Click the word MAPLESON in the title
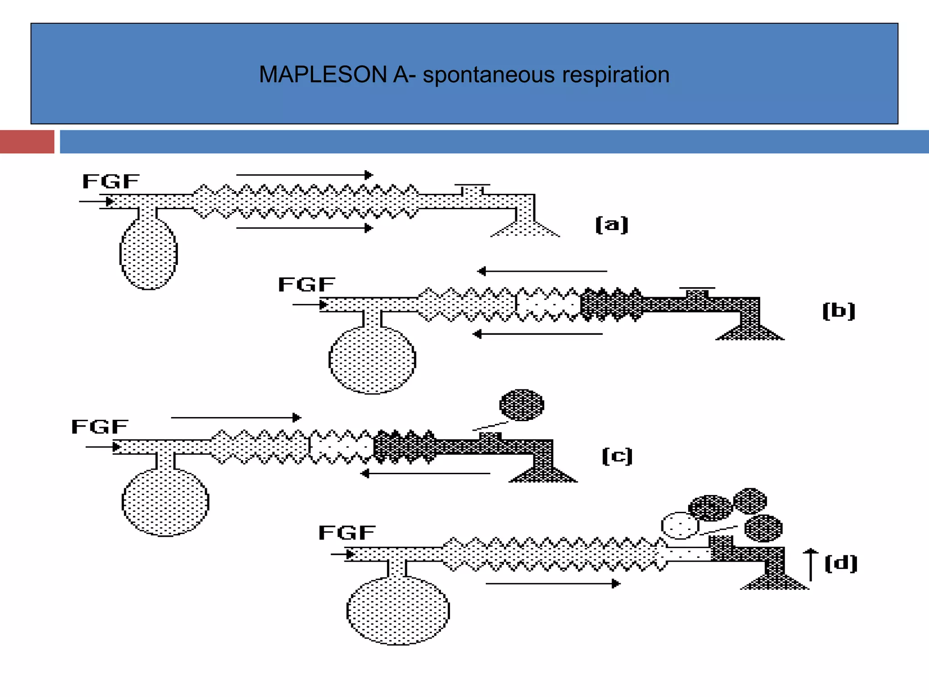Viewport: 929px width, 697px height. [x=322, y=75]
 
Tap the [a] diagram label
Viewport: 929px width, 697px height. [x=611, y=225]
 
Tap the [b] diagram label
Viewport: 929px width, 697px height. [x=838, y=311]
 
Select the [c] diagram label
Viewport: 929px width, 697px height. [x=617, y=456]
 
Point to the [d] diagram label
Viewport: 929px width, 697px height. [x=841, y=564]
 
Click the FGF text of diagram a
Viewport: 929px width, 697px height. [x=111, y=182]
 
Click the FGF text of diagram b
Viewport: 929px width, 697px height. [x=307, y=285]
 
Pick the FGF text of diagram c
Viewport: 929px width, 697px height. [x=100, y=427]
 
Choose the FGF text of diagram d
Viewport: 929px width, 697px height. [x=347, y=533]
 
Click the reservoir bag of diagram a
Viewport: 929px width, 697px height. [x=148, y=254]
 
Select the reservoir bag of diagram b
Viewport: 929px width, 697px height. [x=372, y=360]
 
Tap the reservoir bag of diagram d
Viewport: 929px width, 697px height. [x=398, y=611]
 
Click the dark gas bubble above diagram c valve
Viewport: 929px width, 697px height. [x=522, y=405]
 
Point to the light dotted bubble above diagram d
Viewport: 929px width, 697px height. [x=679, y=525]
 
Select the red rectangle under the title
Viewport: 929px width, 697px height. [x=27, y=142]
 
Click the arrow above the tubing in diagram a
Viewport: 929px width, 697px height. [x=304, y=175]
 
